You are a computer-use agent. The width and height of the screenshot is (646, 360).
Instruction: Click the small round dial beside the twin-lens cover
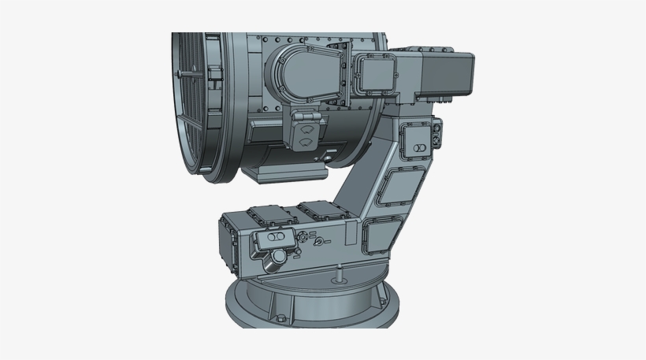pyautogui.click(x=302, y=237)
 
